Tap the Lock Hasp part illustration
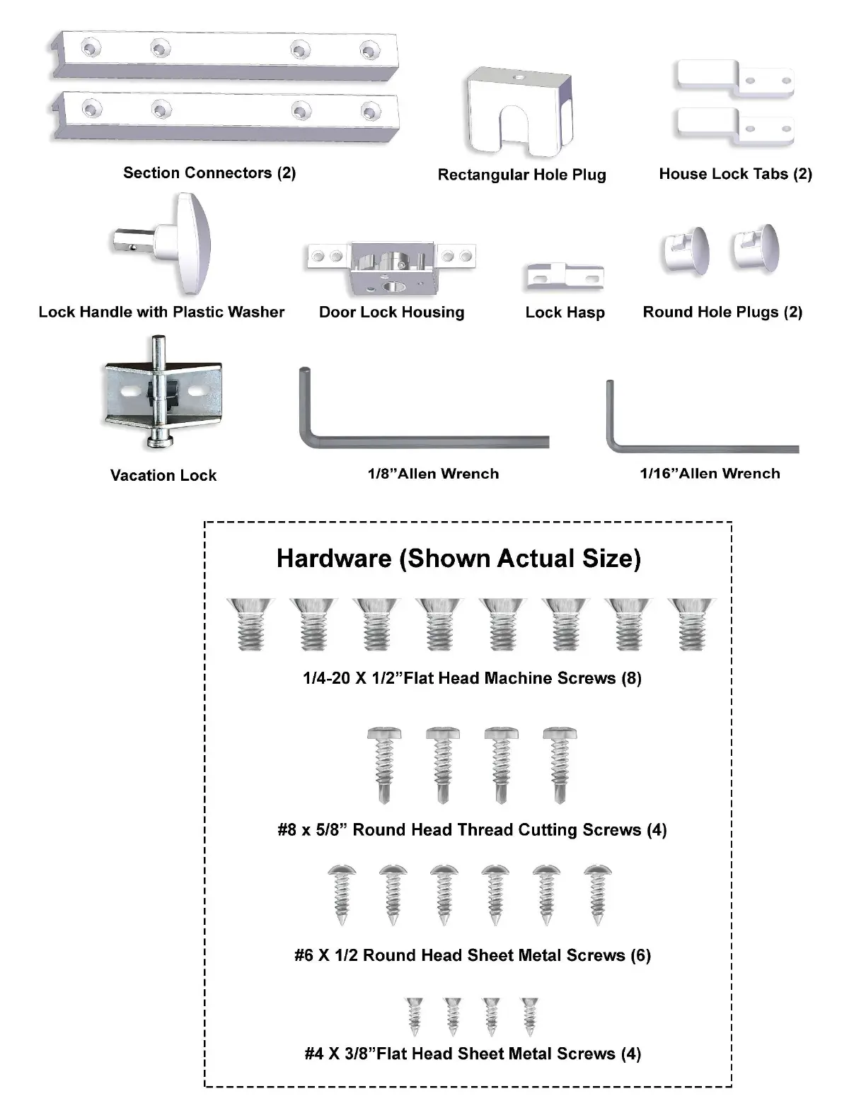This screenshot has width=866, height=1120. [565, 277]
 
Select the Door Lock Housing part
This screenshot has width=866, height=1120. [391, 267]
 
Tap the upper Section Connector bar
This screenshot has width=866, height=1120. [223, 54]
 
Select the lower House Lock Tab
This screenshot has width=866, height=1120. [736, 126]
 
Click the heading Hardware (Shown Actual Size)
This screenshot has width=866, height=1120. [458, 559]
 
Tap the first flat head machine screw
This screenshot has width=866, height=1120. [250, 624]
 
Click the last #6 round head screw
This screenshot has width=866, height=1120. [598, 895]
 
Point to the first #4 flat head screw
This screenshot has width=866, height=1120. [415, 1015]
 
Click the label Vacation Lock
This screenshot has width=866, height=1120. [163, 475]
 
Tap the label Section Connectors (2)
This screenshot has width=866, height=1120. [209, 173]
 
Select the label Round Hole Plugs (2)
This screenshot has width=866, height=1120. [722, 313]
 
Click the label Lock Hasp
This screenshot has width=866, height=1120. [565, 313]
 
